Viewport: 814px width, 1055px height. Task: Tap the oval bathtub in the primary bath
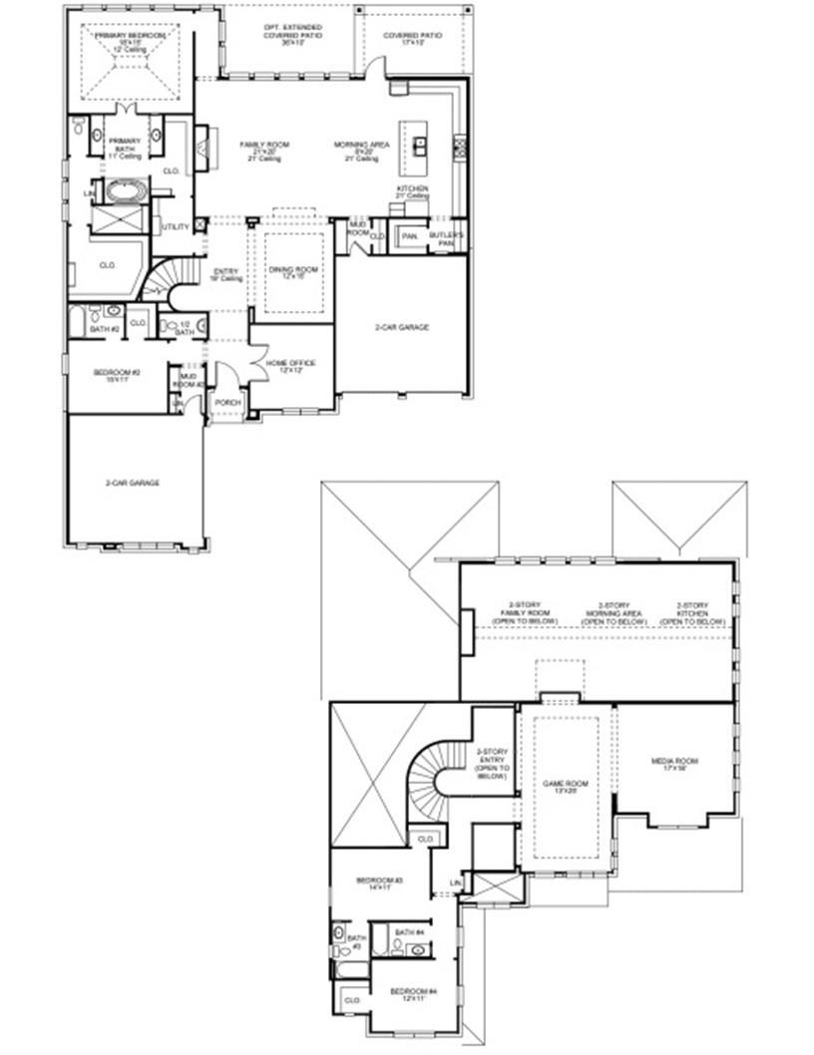tap(126, 189)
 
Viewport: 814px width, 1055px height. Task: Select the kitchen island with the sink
tap(419, 147)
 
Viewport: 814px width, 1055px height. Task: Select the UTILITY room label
tap(176, 227)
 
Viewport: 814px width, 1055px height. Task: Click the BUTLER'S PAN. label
tap(441, 237)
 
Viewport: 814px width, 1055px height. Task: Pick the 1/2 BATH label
tap(185, 328)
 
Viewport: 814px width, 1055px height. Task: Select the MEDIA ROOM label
tap(674, 764)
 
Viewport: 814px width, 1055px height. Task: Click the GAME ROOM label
tap(565, 787)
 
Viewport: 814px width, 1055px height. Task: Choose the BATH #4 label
tap(409, 932)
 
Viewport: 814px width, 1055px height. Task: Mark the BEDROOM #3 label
tap(379, 883)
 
